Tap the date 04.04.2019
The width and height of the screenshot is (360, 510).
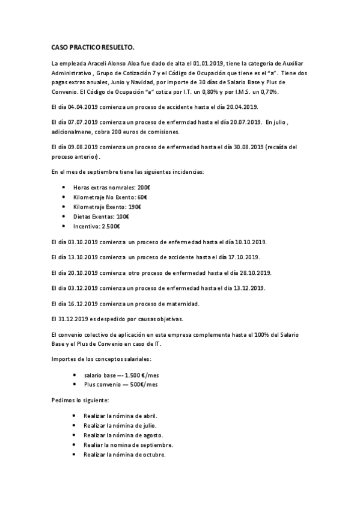pos(79,107)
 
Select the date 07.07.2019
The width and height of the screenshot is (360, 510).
pos(79,122)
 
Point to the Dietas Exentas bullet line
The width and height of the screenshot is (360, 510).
pos(100,216)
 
